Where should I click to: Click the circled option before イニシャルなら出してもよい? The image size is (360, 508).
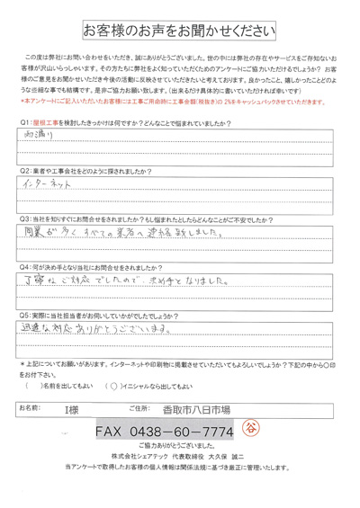[x=112, y=387]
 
